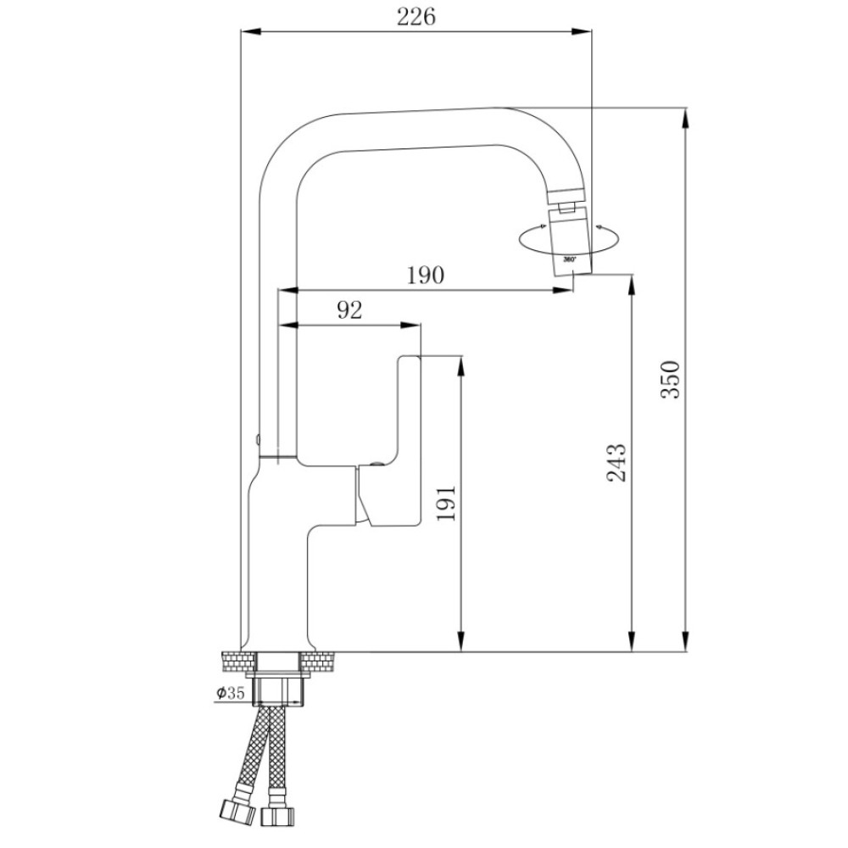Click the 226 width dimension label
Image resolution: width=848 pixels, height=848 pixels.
pyautogui.click(x=416, y=17)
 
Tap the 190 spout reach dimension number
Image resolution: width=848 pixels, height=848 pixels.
pyautogui.click(x=425, y=276)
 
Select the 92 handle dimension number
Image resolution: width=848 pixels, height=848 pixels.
pyautogui.click(x=349, y=310)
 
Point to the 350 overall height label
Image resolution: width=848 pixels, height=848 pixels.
pyautogui.click(x=670, y=380)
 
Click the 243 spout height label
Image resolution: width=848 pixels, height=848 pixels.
pyautogui.click(x=616, y=462)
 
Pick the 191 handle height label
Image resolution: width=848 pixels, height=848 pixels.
pyautogui.click(x=446, y=504)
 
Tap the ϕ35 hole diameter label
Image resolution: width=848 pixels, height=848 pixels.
pyautogui.click(x=231, y=692)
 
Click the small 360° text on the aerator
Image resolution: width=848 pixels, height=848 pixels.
pyautogui.click(x=570, y=259)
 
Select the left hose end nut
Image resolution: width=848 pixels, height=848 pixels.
pyautogui.click(x=237, y=812)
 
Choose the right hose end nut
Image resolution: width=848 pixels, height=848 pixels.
pyautogui.click(x=278, y=815)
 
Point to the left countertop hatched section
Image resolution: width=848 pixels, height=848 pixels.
pyautogui.click(x=238, y=662)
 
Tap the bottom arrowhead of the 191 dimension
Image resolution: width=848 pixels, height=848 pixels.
pyautogui.click(x=460, y=641)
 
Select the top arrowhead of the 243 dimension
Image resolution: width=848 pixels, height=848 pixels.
pyautogui.click(x=632, y=285)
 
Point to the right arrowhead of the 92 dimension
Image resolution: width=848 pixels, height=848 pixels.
pyautogui.click(x=410, y=325)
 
